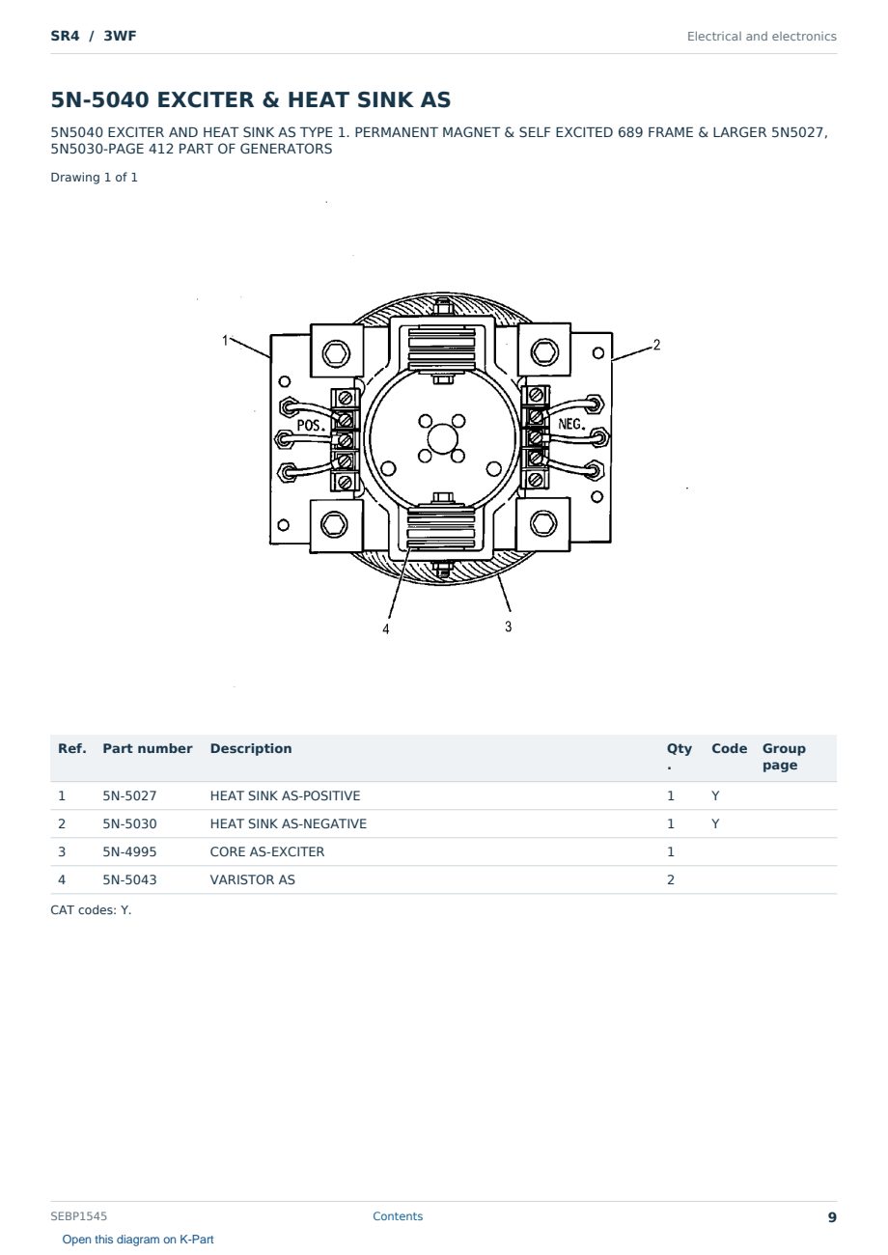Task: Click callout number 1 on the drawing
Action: click(x=225, y=340)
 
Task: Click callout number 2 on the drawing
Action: click(x=656, y=345)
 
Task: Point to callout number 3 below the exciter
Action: click(x=508, y=627)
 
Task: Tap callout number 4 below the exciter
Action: click(x=385, y=629)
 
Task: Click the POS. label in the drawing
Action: click(x=311, y=425)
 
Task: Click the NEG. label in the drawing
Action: click(x=571, y=424)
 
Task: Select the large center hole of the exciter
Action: click(x=443, y=438)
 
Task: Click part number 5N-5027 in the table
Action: click(x=129, y=795)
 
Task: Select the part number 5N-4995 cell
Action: click(x=129, y=851)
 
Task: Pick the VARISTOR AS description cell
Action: click(x=252, y=879)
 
